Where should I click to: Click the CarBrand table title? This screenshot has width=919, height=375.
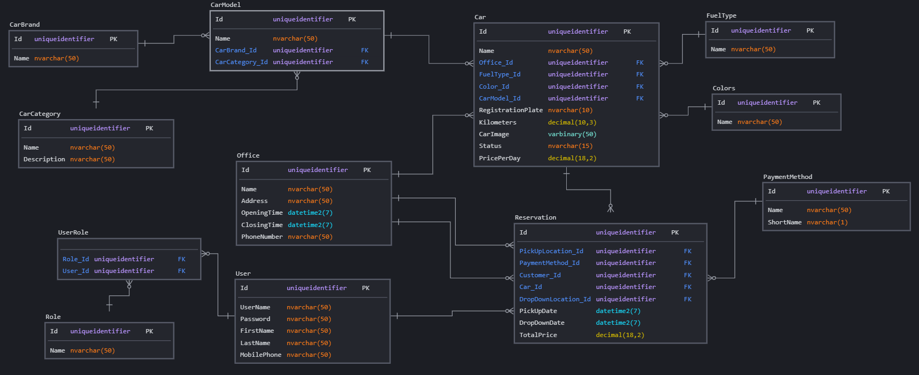(25, 25)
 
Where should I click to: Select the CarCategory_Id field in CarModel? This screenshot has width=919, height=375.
(241, 62)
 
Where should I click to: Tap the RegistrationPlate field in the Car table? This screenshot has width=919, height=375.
(511, 111)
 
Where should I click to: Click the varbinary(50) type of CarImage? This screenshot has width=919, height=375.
(572, 134)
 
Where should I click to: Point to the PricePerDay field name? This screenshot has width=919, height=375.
(500, 158)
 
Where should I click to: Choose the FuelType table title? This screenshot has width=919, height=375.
(721, 16)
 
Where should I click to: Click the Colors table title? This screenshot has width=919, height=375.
(724, 88)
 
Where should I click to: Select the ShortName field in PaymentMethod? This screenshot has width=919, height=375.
(785, 222)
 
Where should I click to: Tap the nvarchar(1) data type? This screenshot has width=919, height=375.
(827, 222)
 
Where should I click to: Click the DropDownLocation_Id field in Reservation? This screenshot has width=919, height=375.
(555, 299)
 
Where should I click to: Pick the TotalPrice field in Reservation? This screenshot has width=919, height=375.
(538, 335)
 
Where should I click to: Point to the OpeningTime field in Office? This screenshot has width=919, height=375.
(262, 213)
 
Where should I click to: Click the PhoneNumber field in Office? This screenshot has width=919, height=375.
(262, 237)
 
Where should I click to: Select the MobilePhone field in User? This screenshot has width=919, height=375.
(260, 355)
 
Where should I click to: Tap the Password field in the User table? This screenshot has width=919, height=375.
(255, 319)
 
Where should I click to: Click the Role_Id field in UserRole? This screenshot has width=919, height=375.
(76, 259)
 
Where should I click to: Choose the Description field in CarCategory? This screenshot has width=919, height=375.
(44, 159)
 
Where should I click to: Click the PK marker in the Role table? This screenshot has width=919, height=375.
(149, 331)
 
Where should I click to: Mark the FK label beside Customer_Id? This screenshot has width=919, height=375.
(687, 275)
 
